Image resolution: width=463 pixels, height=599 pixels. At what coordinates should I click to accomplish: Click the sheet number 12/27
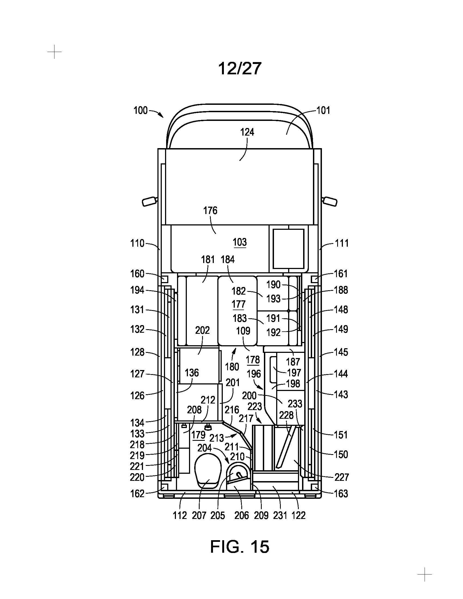click(239, 69)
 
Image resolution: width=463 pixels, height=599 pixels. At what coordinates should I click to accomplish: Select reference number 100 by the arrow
click(141, 111)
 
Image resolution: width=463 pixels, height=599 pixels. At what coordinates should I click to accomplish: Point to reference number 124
click(247, 133)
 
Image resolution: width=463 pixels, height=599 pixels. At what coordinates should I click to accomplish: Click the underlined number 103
click(240, 242)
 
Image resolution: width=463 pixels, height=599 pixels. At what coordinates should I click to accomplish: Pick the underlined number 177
click(238, 304)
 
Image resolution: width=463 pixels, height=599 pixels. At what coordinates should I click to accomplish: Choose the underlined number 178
click(253, 360)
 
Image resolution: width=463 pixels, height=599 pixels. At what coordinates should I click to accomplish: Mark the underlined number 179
click(198, 435)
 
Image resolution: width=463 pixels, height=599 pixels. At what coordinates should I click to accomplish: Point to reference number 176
click(210, 211)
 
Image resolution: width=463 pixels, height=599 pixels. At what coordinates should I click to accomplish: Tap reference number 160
click(137, 274)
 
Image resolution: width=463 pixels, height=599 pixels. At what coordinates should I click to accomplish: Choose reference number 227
click(342, 477)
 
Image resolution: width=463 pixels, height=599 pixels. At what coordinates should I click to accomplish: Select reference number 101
click(323, 111)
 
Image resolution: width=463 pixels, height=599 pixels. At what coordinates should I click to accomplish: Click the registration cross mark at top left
click(54, 51)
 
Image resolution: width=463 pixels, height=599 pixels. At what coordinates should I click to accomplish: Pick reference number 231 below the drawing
click(280, 516)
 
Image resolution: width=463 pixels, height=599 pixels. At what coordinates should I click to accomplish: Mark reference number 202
click(202, 330)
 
